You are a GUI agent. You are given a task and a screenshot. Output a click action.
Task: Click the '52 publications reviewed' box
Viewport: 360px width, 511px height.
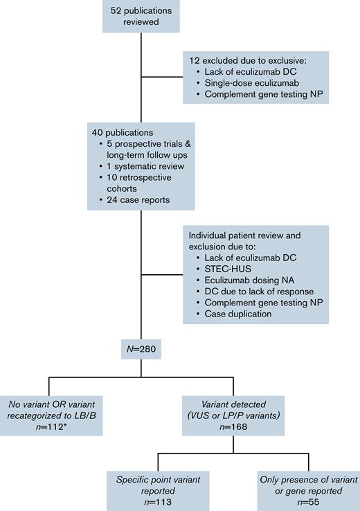tap(141, 16)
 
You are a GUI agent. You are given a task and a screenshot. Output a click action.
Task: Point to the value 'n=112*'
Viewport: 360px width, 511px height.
tap(52, 427)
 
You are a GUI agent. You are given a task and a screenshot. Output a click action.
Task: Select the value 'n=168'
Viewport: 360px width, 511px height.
tap(237, 427)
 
